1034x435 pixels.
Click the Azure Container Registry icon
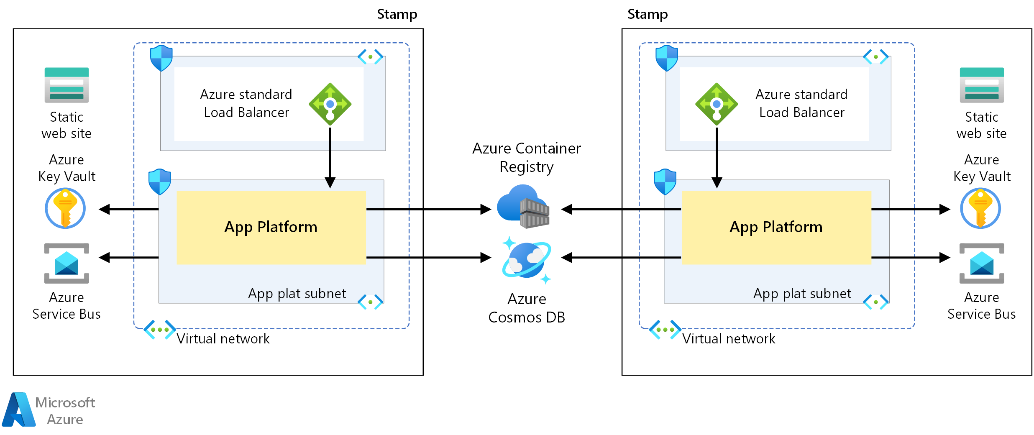[523, 206]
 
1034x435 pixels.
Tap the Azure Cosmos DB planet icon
[527, 260]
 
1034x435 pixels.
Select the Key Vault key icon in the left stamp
[65, 208]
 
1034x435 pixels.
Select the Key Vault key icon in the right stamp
[980, 208]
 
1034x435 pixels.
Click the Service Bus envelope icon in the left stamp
[67, 263]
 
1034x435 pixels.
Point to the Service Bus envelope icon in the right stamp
[982, 263]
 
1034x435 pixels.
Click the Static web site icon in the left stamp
[67, 85]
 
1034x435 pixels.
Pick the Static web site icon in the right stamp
[982, 85]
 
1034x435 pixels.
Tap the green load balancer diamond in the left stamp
[330, 104]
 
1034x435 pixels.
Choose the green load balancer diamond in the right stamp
[717, 104]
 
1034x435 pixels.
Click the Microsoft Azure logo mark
[19, 409]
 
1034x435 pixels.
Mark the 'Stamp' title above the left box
[397, 14]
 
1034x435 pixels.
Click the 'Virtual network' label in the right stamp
[729, 338]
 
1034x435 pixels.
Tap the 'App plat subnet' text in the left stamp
[297, 294]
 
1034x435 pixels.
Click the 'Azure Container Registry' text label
[527, 157]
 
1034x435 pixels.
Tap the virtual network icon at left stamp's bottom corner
[159, 330]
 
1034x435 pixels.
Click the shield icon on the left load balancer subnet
[161, 58]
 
